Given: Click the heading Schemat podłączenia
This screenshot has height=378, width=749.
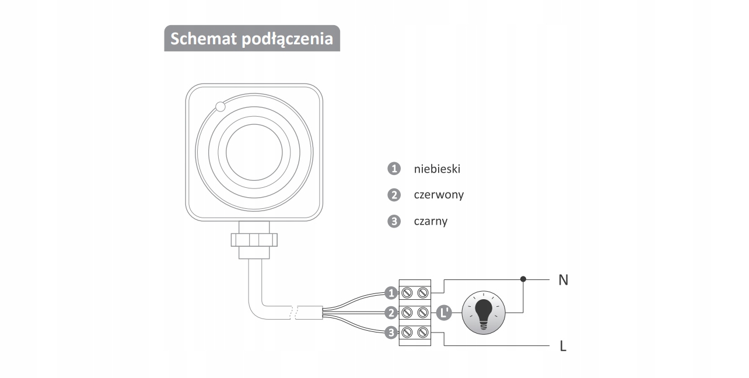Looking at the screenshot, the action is coord(251,38).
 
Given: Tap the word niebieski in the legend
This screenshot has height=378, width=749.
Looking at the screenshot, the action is coord(437,169).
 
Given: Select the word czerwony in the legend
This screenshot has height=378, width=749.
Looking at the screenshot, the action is coord(439,195).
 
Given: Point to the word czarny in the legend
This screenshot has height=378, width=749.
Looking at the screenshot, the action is coord(430,221).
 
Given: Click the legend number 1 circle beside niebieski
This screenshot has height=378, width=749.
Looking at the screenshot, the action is coord(394,169).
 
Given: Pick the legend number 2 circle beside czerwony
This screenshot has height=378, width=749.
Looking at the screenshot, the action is coord(394,195).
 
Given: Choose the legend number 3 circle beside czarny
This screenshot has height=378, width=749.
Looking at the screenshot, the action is coord(394,221).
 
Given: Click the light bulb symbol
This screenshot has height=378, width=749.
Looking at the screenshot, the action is coord(484,313).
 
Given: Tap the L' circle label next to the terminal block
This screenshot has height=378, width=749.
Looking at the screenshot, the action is coord(444,313).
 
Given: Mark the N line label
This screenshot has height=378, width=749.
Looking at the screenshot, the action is coord(563,280).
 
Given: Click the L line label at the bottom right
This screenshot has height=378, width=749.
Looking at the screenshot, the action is coord(563,346).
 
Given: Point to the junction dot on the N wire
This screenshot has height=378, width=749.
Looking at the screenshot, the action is coord(523,279).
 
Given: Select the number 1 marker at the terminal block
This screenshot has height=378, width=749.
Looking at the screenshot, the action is coord(391,292).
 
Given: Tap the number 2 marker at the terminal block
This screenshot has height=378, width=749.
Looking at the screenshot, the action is coord(391,313).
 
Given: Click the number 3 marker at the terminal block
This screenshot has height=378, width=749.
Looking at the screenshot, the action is coord(391,332).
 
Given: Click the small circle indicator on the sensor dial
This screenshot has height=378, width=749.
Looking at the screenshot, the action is coord(220,107).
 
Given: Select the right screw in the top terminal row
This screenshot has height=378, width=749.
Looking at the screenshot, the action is coord(423,292).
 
